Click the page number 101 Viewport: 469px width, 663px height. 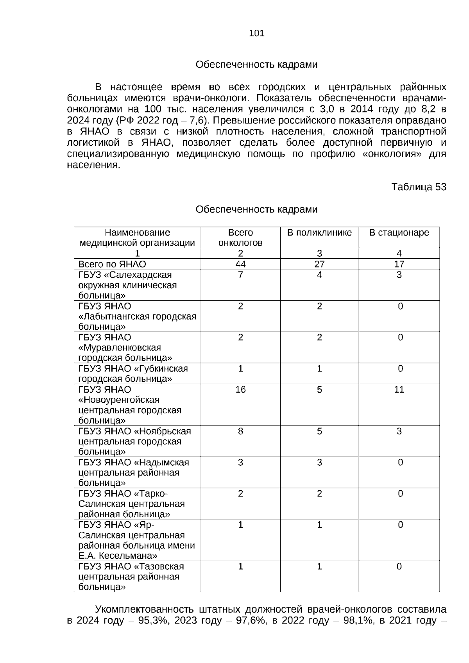pyautogui.click(x=256, y=34)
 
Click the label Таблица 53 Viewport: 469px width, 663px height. pyautogui.click(x=419, y=187)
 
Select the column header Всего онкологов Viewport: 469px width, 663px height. pyautogui.click(x=240, y=238)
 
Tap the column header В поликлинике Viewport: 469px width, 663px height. pyautogui.click(x=319, y=233)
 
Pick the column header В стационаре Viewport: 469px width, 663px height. pyautogui.click(x=399, y=233)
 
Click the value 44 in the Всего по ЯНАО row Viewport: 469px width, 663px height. pyautogui.click(x=240, y=264)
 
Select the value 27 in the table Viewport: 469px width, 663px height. pyautogui.click(x=319, y=264)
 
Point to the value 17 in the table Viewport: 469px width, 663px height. pyautogui.click(x=399, y=264)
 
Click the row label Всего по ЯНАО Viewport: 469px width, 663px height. pyautogui.click(x=112, y=264)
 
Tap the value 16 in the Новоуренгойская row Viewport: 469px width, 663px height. pyautogui.click(x=240, y=390)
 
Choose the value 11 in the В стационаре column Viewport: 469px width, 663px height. pyautogui.click(x=399, y=390)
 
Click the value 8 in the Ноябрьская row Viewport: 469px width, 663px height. pyautogui.click(x=240, y=431)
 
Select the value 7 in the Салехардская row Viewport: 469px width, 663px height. pyautogui.click(x=240, y=275)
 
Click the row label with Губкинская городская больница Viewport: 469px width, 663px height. pyautogui.click(x=133, y=374)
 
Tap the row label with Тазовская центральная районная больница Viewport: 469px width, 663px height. pyautogui.click(x=131, y=577)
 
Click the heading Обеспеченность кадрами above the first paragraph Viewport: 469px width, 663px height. pyautogui.click(x=256, y=65)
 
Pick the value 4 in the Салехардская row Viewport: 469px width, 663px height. pyautogui.click(x=319, y=275)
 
